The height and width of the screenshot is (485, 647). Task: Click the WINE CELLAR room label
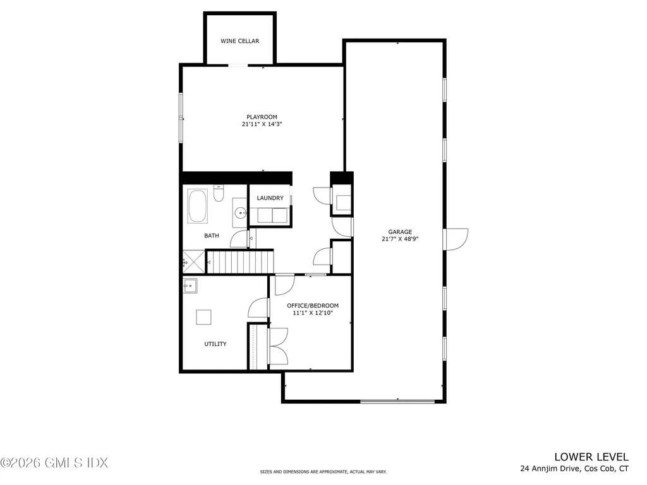tap(239, 41)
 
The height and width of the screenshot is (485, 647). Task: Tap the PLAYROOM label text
tap(262, 117)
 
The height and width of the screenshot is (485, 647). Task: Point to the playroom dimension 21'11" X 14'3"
tap(262, 124)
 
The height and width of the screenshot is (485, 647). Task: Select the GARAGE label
tap(395, 231)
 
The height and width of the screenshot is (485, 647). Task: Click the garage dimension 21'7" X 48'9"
tap(395, 239)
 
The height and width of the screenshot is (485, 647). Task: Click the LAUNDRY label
tap(270, 198)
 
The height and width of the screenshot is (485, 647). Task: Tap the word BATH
tap(212, 236)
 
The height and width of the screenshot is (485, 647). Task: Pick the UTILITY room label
tap(215, 344)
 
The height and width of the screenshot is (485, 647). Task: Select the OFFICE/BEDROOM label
tap(308, 306)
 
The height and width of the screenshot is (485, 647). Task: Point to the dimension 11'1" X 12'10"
tap(308, 313)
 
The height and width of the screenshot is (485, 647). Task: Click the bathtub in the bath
tap(198, 207)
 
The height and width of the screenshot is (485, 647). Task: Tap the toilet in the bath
tap(218, 194)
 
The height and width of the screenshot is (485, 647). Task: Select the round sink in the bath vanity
tap(239, 213)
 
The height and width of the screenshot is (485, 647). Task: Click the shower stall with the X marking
tap(194, 260)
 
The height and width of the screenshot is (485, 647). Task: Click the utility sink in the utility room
tap(190, 286)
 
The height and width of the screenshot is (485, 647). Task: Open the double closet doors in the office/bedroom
tap(277, 347)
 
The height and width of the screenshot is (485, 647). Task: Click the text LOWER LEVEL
tap(591, 457)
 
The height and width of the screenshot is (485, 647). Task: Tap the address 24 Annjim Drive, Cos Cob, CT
tap(574, 469)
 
